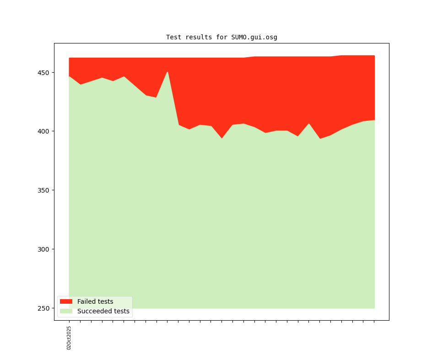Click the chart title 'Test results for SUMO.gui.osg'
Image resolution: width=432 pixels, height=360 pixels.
[221, 37]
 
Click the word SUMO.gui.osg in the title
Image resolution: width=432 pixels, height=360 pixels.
[254, 37]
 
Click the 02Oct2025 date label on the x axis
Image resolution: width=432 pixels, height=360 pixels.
[69, 338]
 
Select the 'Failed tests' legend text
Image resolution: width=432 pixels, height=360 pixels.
[95, 301]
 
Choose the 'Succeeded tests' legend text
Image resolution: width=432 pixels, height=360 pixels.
[103, 312]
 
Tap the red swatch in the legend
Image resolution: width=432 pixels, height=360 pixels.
[66, 301]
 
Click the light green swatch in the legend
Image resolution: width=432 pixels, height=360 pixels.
[66, 312]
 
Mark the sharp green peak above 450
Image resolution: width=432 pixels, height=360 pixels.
[167, 72]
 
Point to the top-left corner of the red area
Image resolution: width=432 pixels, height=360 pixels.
[69, 58]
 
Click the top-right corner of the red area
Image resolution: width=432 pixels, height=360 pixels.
[374, 56]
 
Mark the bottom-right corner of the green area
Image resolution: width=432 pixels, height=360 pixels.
[374, 308]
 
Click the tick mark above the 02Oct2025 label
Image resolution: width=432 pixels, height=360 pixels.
[69, 321]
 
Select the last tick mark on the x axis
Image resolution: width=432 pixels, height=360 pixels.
[374, 321]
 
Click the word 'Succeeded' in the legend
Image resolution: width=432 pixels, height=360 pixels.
[93, 312]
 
